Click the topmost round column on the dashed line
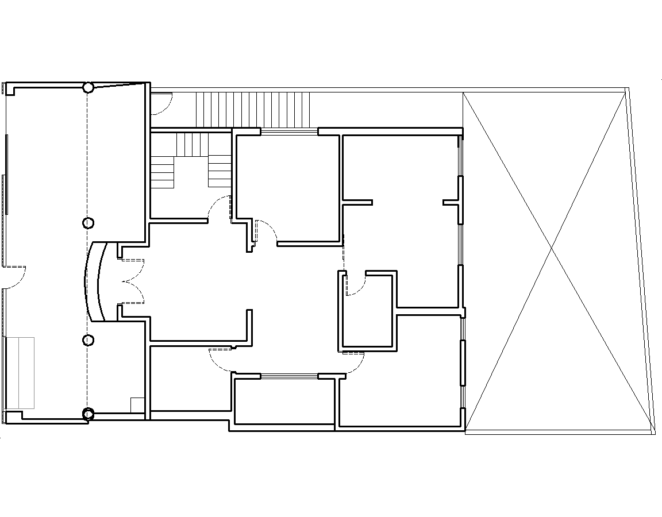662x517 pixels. click(x=88, y=87)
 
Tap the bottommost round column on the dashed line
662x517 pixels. click(x=88, y=414)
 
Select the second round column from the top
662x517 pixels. click(x=88, y=223)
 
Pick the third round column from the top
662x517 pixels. click(x=88, y=341)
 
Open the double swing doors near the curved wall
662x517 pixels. click(x=132, y=281)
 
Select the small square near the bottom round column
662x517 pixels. click(x=137, y=404)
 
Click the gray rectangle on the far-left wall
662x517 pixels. click(x=20, y=372)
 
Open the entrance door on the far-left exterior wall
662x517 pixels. click(x=14, y=276)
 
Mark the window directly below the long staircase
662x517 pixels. click(x=289, y=132)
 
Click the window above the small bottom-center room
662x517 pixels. click(x=289, y=376)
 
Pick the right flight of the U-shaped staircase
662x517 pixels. click(x=220, y=170)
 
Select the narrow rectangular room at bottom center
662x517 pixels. click(x=284, y=401)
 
